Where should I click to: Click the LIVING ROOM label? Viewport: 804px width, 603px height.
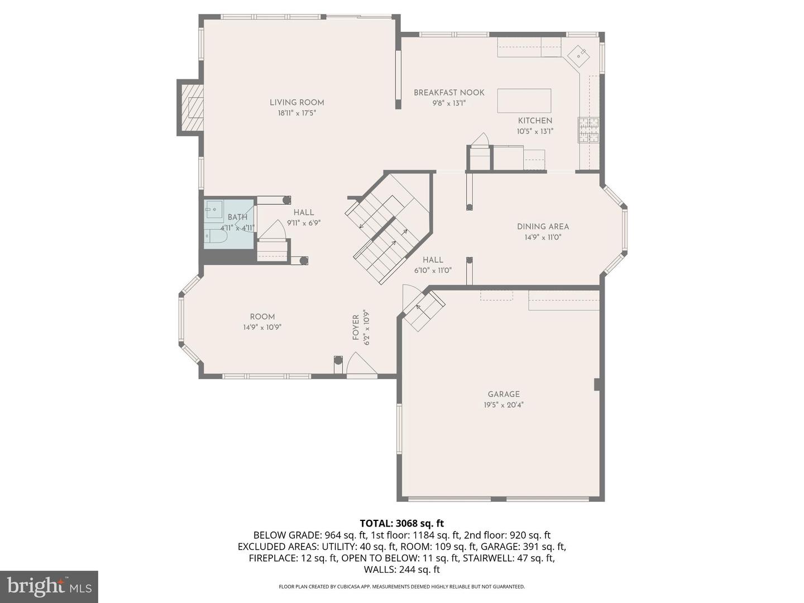[x=296, y=102]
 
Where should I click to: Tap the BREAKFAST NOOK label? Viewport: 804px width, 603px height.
[x=449, y=93]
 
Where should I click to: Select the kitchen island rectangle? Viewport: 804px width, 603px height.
[x=524, y=100]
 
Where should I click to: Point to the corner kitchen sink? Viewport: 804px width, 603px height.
[x=578, y=56]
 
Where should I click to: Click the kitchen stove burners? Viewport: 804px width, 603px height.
[x=588, y=130]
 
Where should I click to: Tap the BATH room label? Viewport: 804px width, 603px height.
[x=237, y=217]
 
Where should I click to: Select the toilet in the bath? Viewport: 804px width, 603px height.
[x=215, y=237]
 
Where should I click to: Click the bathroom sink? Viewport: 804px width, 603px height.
[x=214, y=211]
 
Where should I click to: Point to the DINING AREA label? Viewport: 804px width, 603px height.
[x=543, y=227]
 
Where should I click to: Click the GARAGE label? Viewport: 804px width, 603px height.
[x=504, y=394]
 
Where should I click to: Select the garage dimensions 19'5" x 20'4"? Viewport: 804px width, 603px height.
[x=504, y=405]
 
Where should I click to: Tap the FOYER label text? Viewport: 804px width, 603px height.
[x=356, y=327]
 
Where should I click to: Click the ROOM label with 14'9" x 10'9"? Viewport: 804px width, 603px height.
[x=262, y=317]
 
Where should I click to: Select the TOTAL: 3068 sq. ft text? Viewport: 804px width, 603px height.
[x=401, y=523]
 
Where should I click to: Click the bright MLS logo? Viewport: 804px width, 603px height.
[x=49, y=586]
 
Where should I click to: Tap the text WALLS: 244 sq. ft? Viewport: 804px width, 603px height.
[x=401, y=569]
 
